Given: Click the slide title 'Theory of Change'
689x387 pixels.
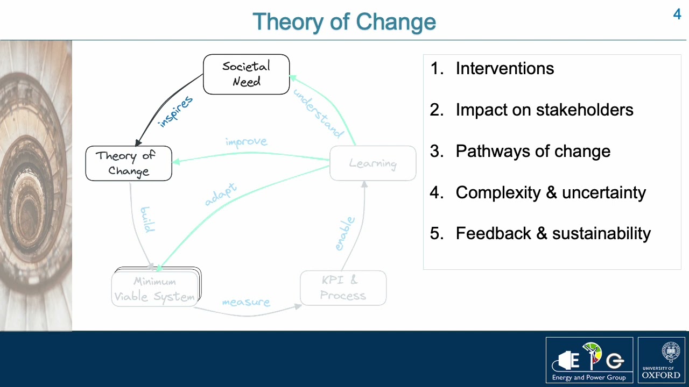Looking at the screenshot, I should (344, 22).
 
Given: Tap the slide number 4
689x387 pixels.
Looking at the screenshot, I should (677, 15).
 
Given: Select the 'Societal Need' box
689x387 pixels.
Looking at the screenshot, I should (246, 74).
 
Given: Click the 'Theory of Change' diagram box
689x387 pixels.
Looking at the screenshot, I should (129, 163).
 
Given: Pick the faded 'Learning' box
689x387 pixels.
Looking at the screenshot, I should (372, 163).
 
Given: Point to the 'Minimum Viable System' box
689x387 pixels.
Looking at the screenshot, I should (155, 289).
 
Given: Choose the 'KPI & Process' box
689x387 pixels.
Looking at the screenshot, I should (343, 288).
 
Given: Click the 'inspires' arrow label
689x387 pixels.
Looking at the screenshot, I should (175, 111).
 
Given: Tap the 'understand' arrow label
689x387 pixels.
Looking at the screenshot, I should (318, 113).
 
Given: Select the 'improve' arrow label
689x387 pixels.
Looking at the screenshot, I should (246, 142).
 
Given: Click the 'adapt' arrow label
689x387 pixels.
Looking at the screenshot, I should (221, 195).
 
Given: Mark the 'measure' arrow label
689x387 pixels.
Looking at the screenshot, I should (245, 303).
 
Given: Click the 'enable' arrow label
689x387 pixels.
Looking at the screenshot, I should (344, 234).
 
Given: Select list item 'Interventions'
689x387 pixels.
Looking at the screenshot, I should (504, 68).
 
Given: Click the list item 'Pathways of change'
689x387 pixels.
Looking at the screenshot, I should (532, 151).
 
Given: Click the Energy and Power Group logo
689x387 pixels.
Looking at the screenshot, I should (589, 360).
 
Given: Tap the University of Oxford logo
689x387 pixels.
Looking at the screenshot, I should (661, 360).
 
